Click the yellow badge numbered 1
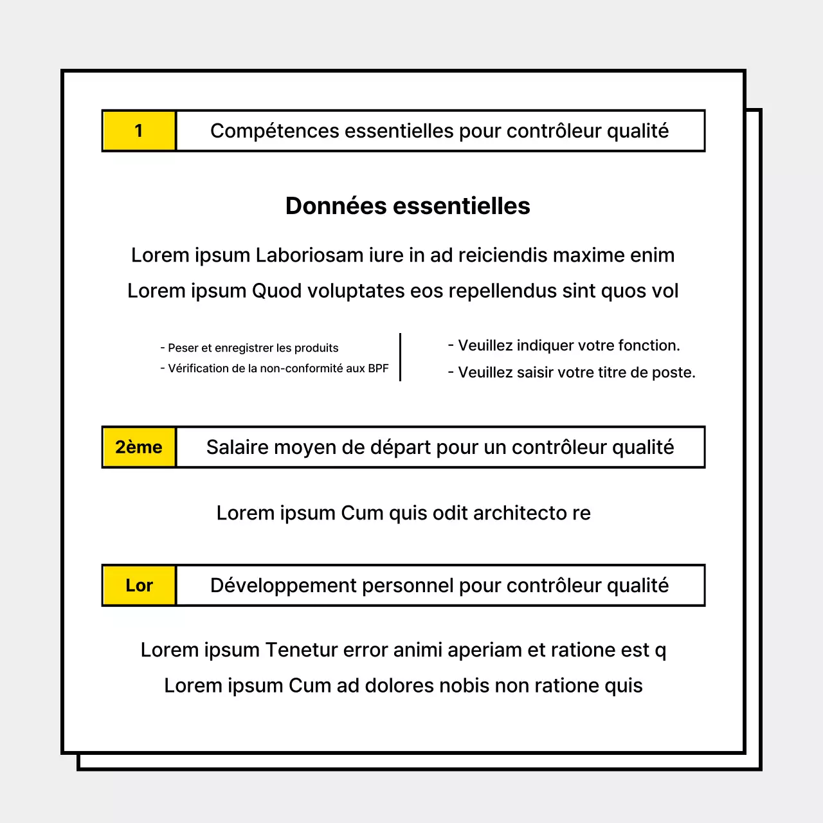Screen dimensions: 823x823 [139, 131]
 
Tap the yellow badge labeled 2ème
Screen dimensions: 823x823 [139, 447]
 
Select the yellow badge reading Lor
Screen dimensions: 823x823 [139, 585]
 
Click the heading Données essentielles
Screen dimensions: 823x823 [408, 206]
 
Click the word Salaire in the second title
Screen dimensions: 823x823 [235, 447]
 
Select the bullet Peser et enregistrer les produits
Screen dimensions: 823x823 [249, 348]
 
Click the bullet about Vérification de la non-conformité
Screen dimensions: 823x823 [275, 368]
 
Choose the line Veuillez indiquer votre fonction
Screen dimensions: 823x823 [564, 345]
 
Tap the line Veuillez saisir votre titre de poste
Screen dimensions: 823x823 [572, 372]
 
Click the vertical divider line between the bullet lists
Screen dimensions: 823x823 [400, 357]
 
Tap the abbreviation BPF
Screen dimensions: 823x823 [378, 368]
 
